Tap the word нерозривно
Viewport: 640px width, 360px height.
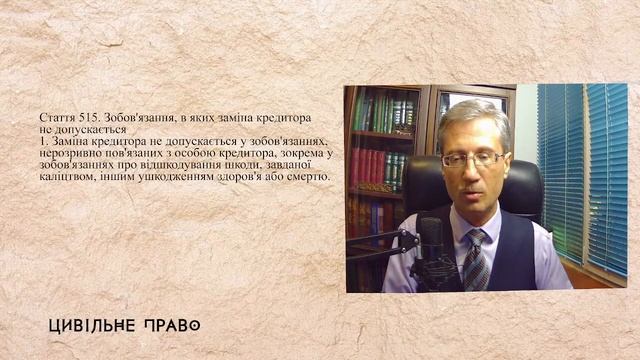(x=68, y=153)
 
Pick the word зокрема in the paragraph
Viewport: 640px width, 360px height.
(x=299, y=153)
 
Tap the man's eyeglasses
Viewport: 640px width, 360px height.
(x=471, y=159)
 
